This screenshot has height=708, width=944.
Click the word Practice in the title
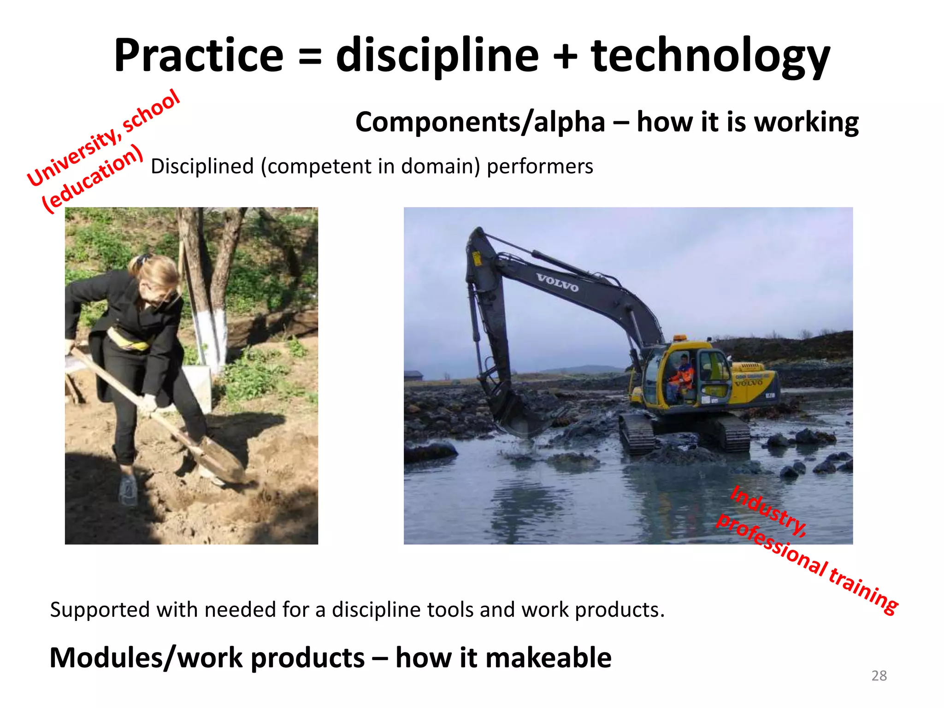(x=199, y=56)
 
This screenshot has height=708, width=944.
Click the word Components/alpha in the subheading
(x=480, y=123)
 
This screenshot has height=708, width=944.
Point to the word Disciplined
(x=202, y=166)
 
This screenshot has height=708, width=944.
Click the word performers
(x=540, y=166)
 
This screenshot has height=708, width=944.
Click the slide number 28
(x=879, y=676)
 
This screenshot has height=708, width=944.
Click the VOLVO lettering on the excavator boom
(x=557, y=282)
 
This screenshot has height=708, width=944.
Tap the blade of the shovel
(x=221, y=459)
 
